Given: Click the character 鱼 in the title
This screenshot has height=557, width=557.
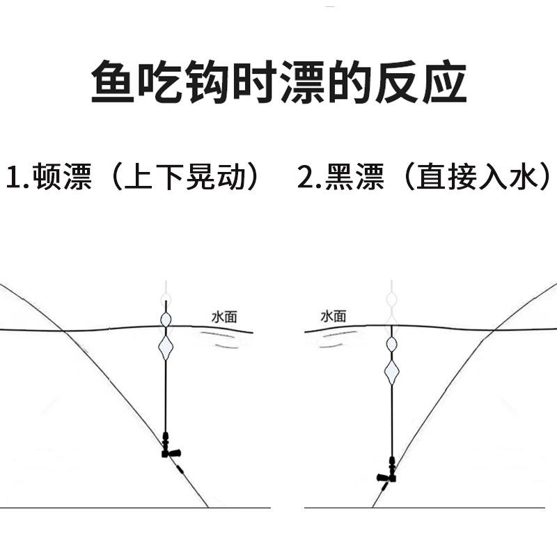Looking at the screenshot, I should pos(113,83).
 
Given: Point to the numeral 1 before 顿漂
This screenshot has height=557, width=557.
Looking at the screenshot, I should pos(13,178).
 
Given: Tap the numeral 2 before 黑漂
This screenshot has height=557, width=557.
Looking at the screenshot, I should pos(306,178).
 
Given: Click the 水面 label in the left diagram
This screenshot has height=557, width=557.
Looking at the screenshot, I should pos(224,317).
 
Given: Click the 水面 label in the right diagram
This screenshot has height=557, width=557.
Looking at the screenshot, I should pos(333,316).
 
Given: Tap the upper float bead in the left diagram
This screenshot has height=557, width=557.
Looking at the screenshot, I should pos(166,320).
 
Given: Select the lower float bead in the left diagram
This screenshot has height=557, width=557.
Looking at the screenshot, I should pos(166,347).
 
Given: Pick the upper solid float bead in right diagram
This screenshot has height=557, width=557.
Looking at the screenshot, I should pos(391,344).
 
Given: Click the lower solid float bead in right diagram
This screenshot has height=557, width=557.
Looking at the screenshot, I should pos(391,373).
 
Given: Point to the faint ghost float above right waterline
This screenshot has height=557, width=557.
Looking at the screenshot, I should pos(391,301).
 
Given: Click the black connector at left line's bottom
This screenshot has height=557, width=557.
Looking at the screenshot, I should pos(167,446).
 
